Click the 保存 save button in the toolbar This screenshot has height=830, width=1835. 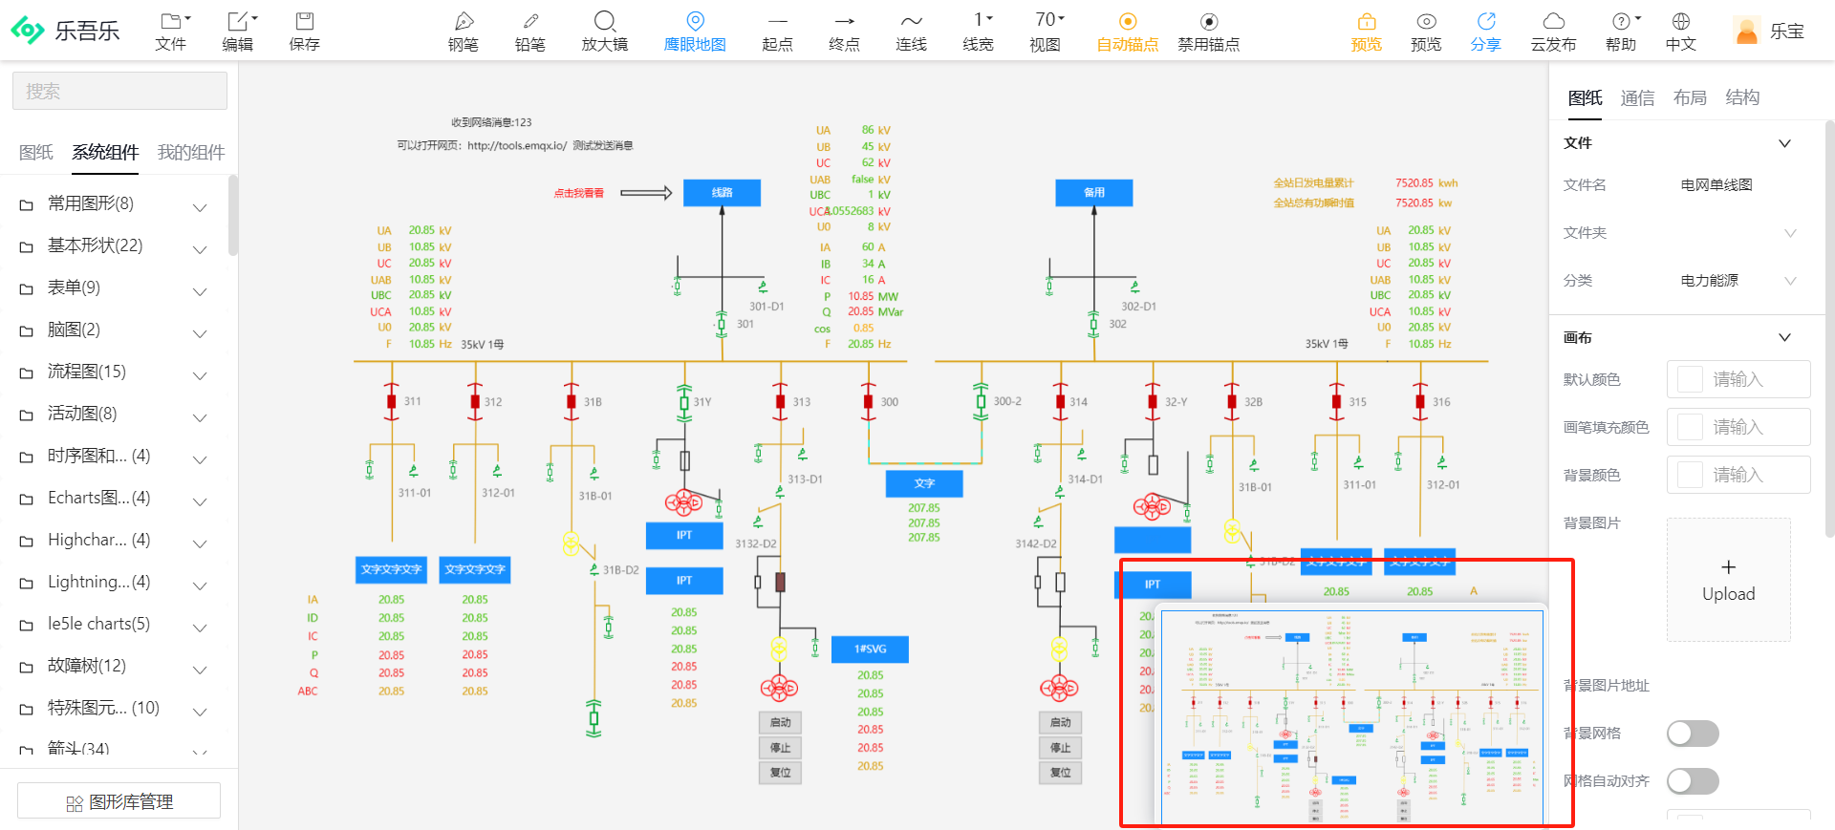click(x=304, y=31)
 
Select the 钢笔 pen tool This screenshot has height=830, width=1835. click(x=464, y=31)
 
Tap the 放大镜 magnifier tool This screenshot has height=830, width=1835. click(x=604, y=31)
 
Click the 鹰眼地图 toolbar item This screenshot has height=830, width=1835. click(x=695, y=31)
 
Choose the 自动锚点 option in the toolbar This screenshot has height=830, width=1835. click(x=1128, y=31)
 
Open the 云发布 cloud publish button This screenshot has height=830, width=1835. click(x=1553, y=31)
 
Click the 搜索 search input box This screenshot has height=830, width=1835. click(x=119, y=92)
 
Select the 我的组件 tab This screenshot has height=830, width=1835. click(x=191, y=153)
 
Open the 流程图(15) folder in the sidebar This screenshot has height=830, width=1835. click(x=87, y=372)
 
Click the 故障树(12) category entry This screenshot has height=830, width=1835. click(x=87, y=666)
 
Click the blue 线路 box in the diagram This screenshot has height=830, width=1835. click(x=722, y=193)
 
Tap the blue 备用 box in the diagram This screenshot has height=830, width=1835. click(x=1093, y=193)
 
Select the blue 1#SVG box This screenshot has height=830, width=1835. click(x=870, y=649)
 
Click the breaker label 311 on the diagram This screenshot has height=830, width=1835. click(x=412, y=402)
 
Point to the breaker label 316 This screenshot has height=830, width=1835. click(x=1441, y=402)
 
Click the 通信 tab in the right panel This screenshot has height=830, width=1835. click(x=1637, y=97)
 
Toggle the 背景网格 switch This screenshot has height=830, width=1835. click(x=1692, y=734)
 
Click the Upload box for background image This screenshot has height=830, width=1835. click(x=1728, y=580)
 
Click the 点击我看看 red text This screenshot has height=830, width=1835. click(x=578, y=193)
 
